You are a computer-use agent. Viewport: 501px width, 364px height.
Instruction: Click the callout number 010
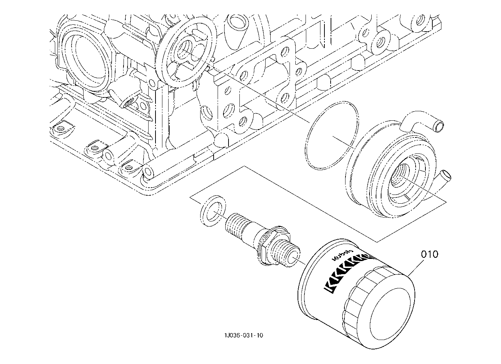(x=430, y=255)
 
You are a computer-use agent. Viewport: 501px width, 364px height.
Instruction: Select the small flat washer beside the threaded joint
(x=213, y=211)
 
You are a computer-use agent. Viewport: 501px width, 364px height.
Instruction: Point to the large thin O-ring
(x=332, y=135)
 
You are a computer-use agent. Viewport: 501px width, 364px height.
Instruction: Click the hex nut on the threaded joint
(x=275, y=245)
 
